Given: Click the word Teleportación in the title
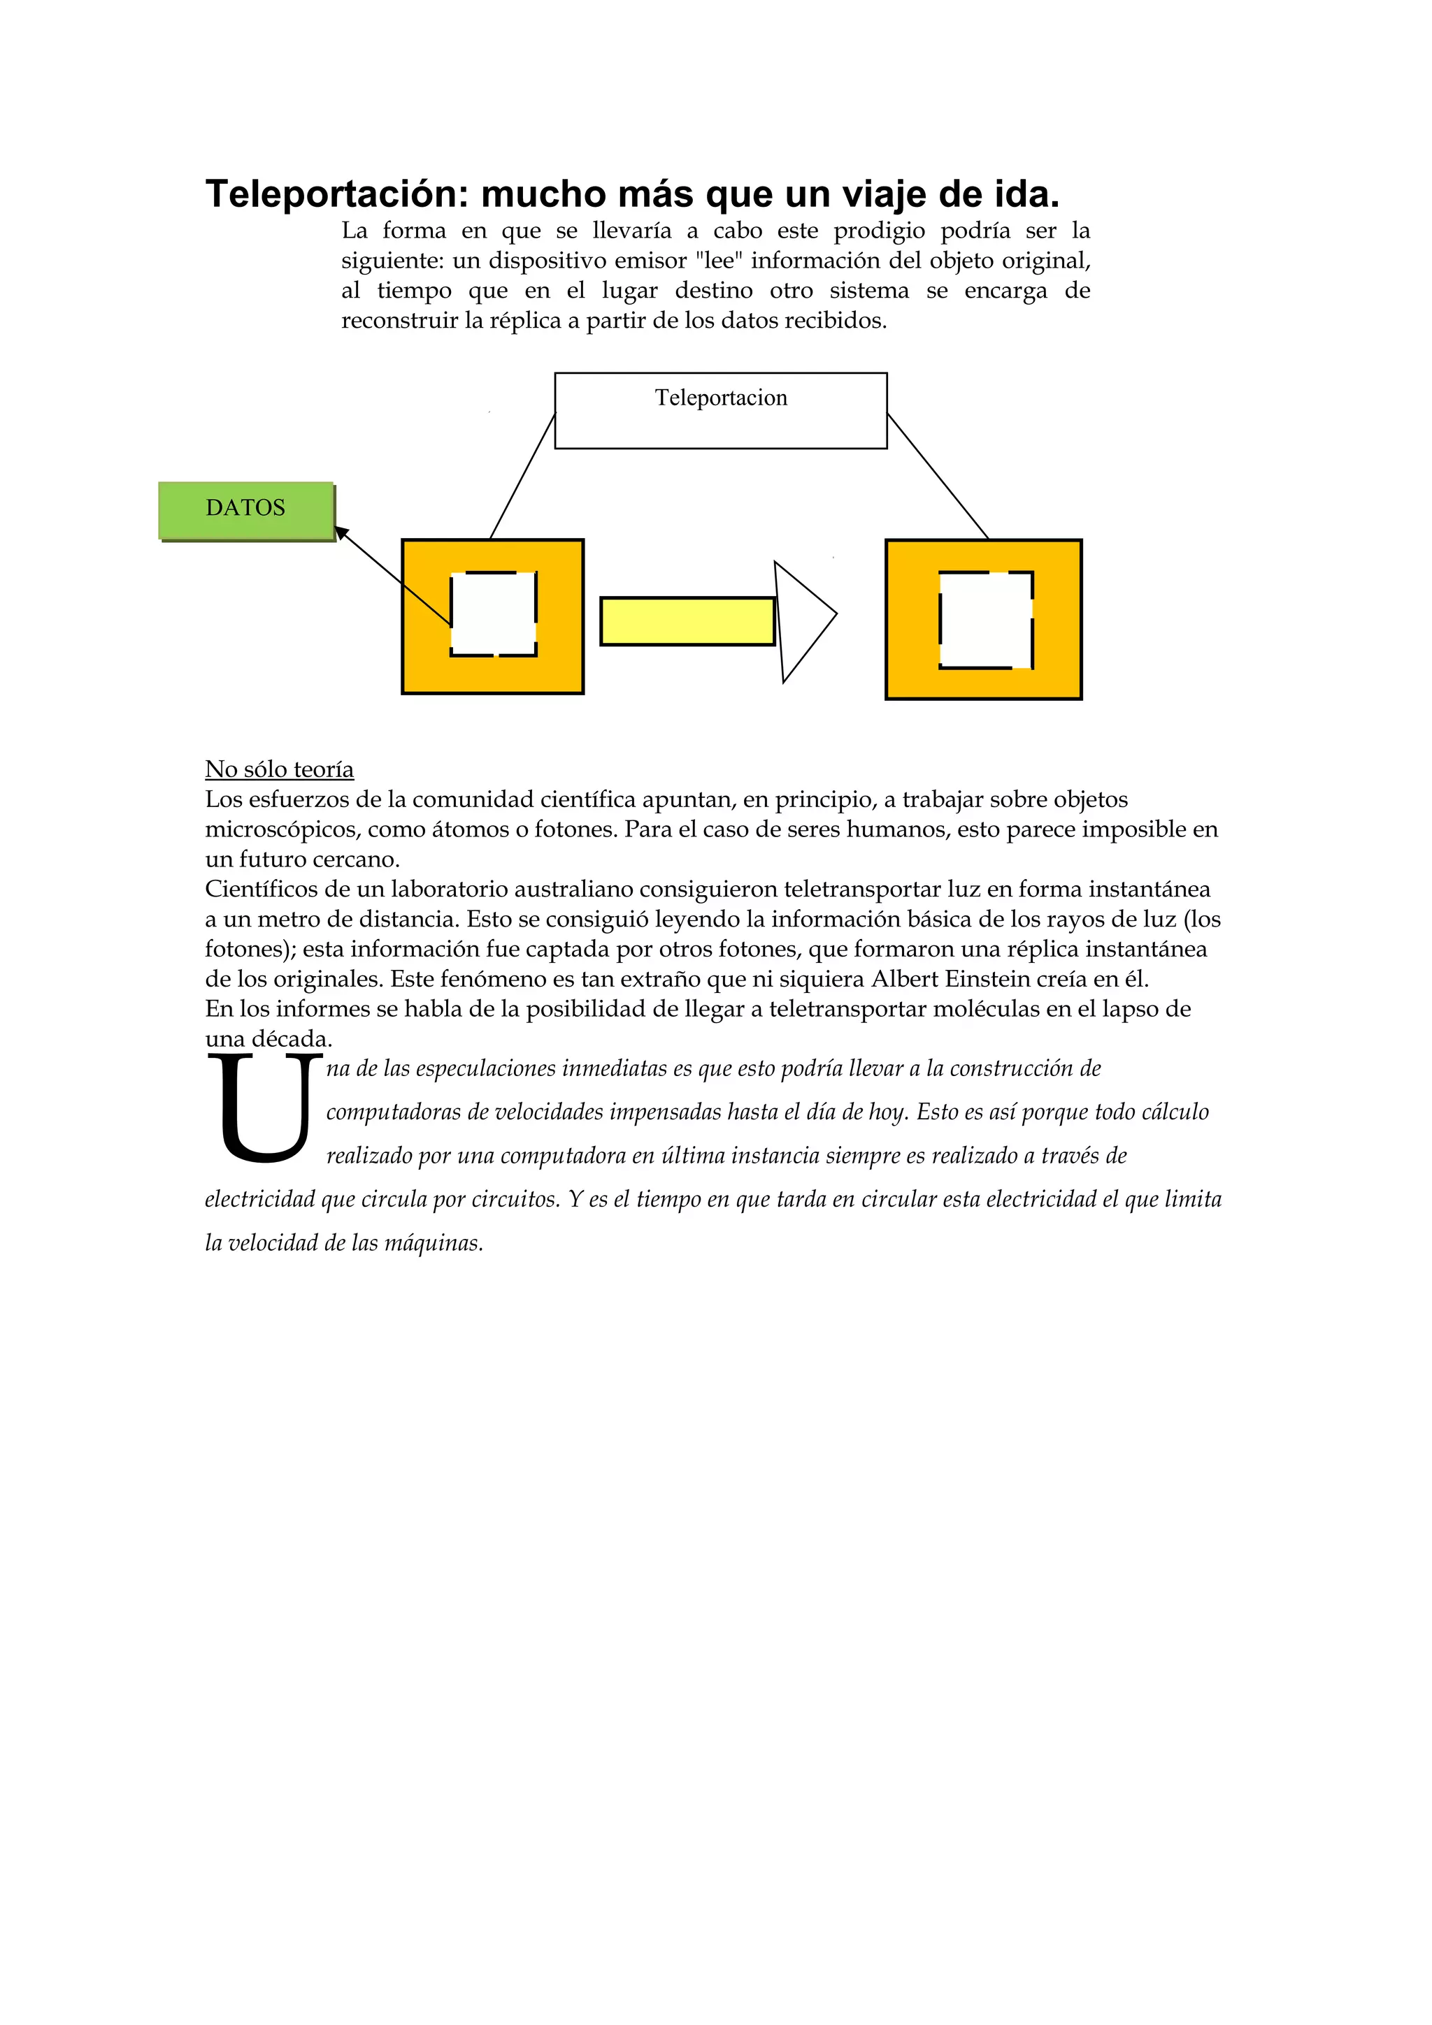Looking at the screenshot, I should (336, 194).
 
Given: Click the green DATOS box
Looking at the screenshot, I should (246, 510).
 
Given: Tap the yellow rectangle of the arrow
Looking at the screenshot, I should (687, 621).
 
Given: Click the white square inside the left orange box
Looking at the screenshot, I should (493, 614).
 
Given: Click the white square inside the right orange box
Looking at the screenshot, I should (984, 620).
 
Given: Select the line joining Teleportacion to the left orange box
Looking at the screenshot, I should (522, 477).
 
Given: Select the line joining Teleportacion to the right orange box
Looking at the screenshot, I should (937, 477).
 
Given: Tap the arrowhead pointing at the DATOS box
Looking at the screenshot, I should (341, 532).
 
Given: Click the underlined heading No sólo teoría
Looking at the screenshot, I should (279, 769).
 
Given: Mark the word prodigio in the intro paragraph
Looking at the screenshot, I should (878, 231).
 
